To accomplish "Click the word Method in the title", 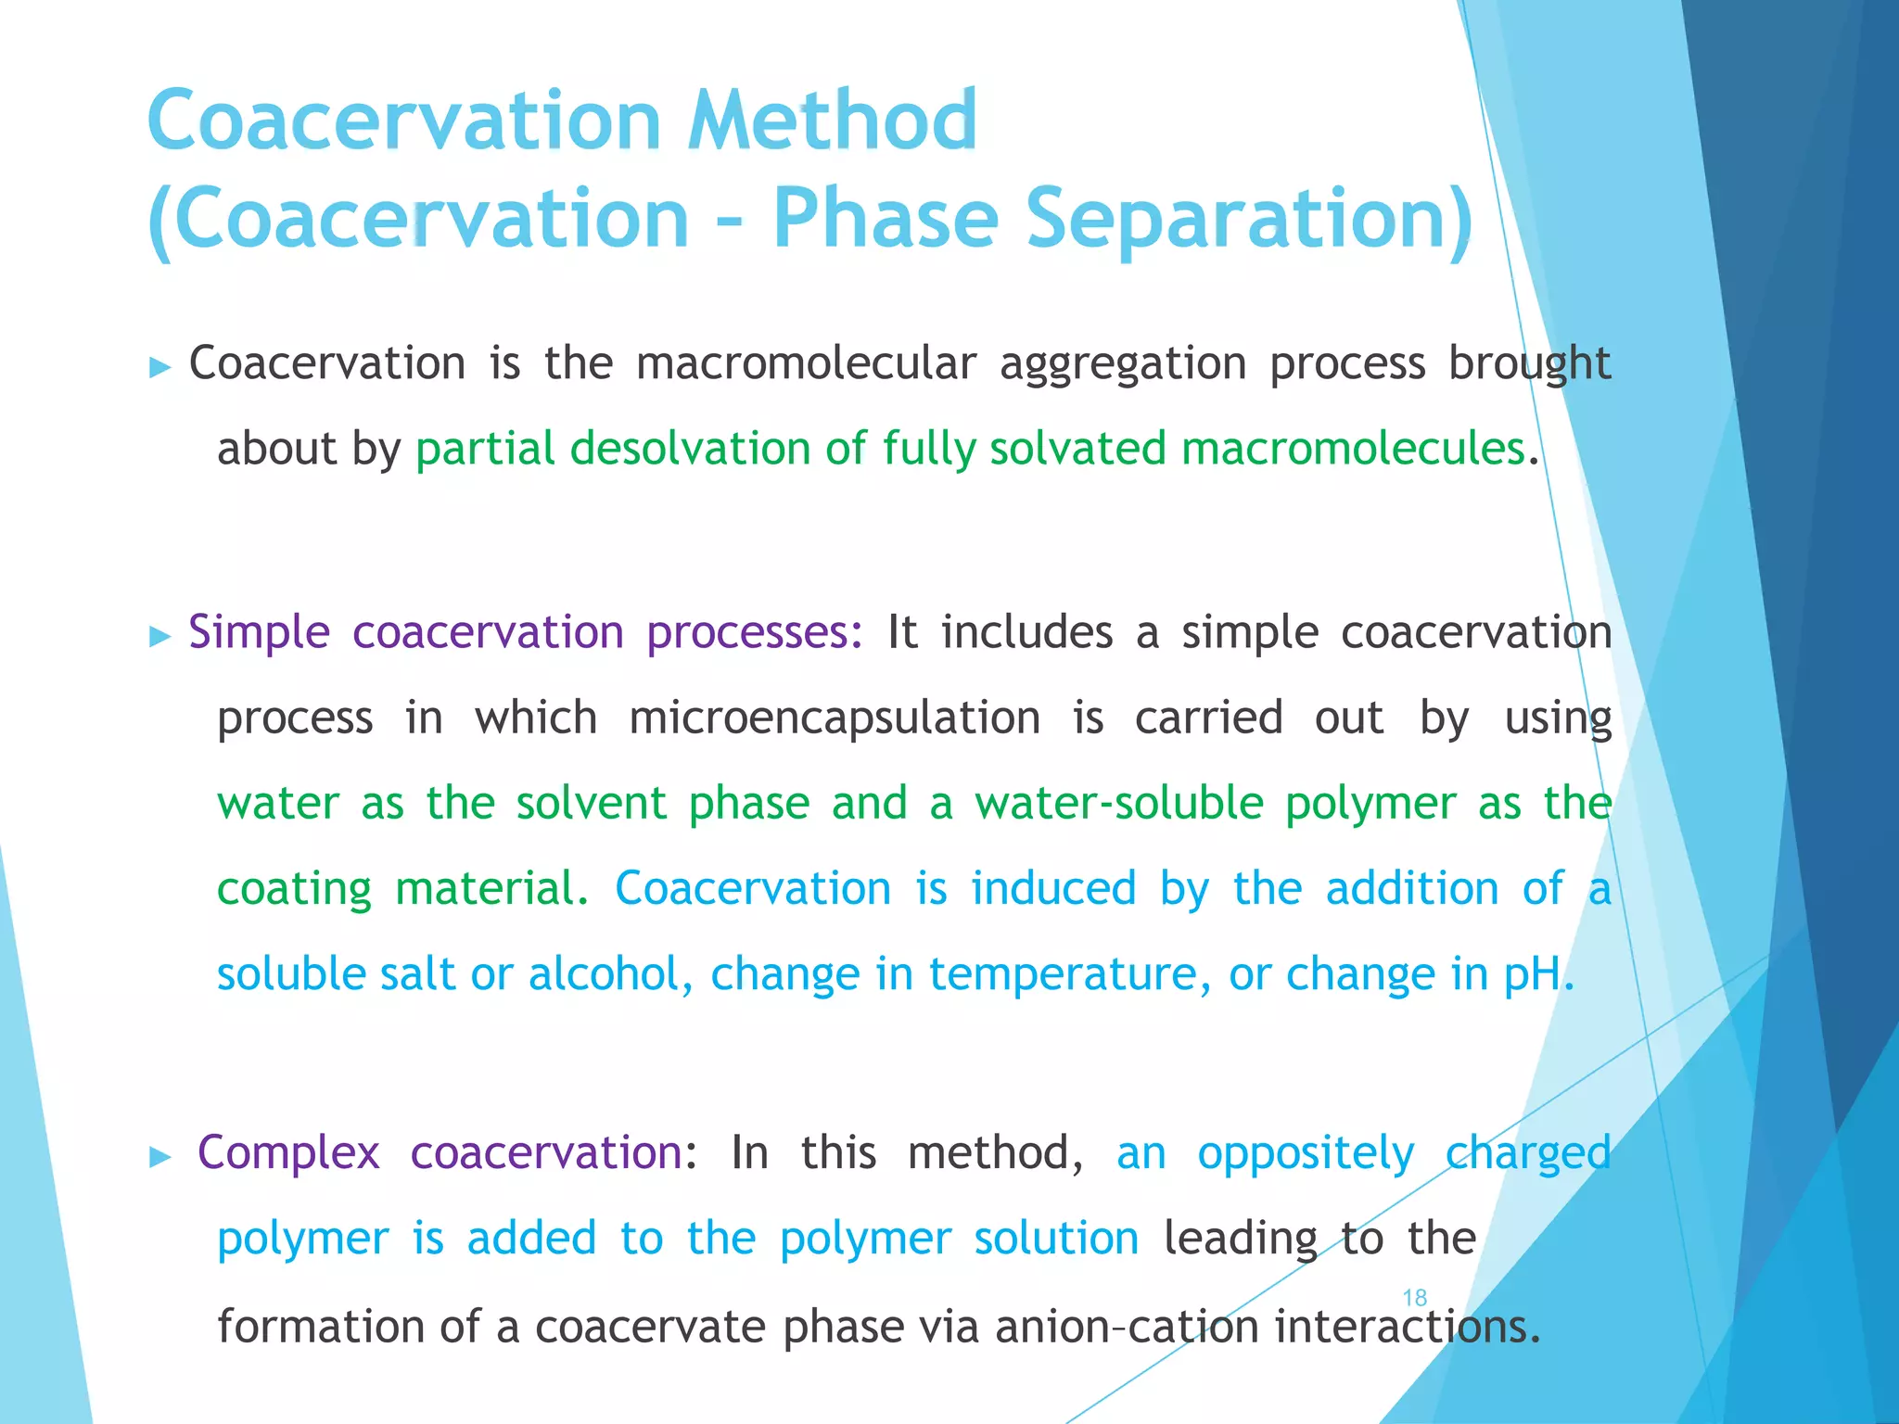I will (832, 121).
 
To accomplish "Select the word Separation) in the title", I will (1249, 219).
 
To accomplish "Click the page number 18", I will (1414, 1298).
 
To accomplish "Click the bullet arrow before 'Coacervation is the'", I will (160, 367).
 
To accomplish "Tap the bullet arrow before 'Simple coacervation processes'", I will (160, 637).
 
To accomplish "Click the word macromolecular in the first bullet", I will (806, 363).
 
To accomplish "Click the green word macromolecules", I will (1353, 449).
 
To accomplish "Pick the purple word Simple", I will (259, 633).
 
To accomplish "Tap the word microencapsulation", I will (835, 718).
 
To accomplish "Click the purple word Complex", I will (288, 1153).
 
